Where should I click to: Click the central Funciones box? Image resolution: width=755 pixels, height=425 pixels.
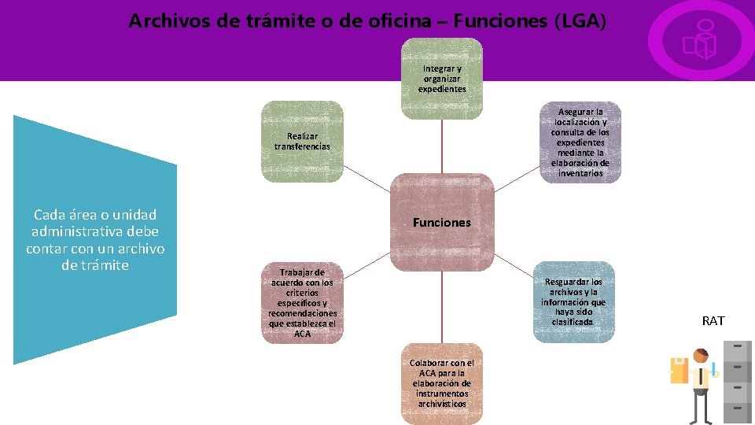pyautogui.click(x=442, y=223)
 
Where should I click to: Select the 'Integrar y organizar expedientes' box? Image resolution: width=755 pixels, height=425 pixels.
pyautogui.click(x=442, y=79)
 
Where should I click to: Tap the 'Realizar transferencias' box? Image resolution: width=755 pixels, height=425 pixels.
pyautogui.click(x=303, y=142)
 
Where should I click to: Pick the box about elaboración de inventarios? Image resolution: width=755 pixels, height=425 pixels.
pyautogui.click(x=580, y=142)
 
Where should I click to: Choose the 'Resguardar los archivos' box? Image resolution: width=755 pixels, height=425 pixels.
pyautogui.click(x=573, y=301)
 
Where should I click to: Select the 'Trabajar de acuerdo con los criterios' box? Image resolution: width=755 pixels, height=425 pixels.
pyautogui.click(x=303, y=302)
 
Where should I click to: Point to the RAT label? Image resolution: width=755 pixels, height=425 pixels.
pyautogui.click(x=713, y=320)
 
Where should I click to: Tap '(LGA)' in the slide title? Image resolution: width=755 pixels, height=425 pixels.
pyautogui.click(x=580, y=20)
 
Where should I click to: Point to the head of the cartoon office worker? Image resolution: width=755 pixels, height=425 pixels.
pyautogui.click(x=701, y=357)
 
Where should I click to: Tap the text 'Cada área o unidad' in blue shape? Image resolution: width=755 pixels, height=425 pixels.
pyautogui.click(x=95, y=214)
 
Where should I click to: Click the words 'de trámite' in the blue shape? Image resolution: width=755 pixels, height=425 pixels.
pyautogui.click(x=95, y=265)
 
